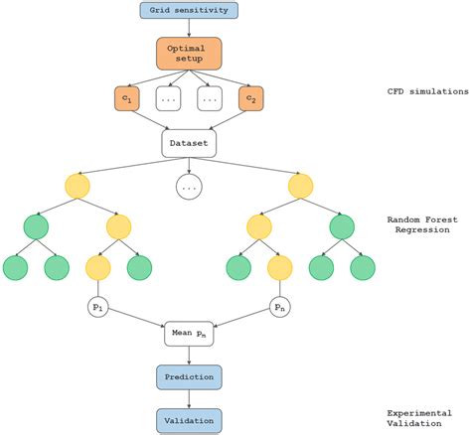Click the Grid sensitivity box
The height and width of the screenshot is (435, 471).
(x=189, y=12)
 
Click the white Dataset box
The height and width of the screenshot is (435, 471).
(x=189, y=144)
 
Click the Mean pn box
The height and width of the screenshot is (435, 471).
(x=189, y=335)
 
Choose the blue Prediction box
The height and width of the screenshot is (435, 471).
(x=189, y=376)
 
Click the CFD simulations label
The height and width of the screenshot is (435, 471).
(x=427, y=91)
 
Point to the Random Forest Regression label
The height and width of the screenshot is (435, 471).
(x=427, y=224)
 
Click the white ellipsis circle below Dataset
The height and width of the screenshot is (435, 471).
(x=189, y=186)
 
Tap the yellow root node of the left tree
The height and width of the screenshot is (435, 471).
(x=78, y=186)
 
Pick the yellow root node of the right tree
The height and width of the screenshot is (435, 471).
(x=300, y=186)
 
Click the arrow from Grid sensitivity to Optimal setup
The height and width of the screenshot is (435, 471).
(x=189, y=29)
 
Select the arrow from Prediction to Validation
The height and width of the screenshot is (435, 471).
(x=189, y=397)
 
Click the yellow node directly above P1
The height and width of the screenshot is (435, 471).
(x=97, y=266)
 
